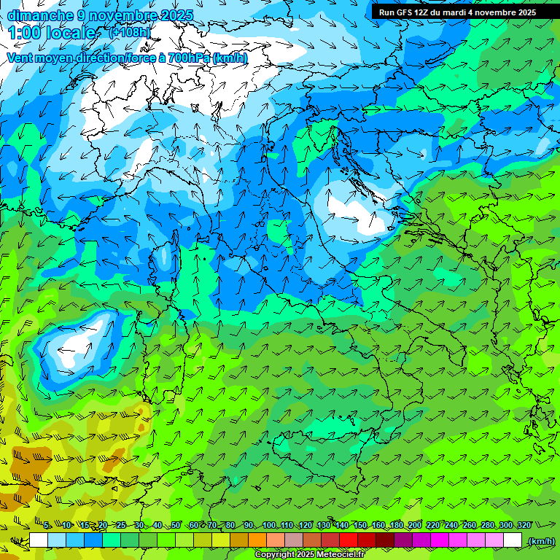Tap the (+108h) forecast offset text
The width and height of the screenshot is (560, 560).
129,32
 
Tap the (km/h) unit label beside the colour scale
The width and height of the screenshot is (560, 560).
540,540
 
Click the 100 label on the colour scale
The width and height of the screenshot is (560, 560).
269,525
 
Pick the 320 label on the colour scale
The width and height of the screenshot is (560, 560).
524,525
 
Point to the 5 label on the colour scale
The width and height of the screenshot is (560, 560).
47,525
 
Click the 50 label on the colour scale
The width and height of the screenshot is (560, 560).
176,525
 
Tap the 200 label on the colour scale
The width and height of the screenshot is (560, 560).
415,525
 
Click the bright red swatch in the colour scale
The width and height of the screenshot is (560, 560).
349,540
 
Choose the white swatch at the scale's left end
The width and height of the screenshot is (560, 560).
39,540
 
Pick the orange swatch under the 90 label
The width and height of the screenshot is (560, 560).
257,540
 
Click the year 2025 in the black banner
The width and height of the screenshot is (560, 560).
524,12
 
